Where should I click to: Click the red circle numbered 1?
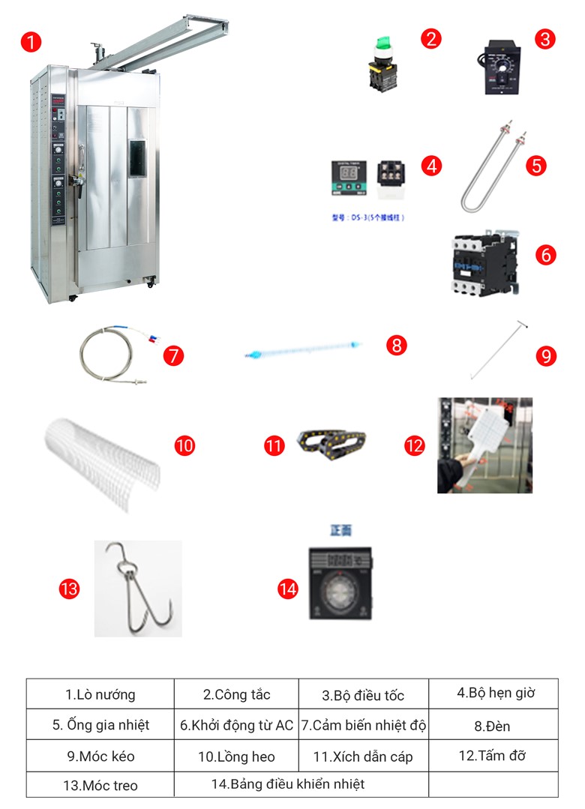coord(31,42)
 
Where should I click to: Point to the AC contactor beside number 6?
coord(484,263)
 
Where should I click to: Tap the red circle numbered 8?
coord(397,345)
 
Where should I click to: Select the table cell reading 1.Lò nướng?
coord(100,694)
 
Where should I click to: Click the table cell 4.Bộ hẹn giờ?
coord(495,693)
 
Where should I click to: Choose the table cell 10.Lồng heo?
coord(236,757)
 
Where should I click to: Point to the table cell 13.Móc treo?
coord(100,785)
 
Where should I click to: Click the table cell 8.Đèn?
coord(495,725)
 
